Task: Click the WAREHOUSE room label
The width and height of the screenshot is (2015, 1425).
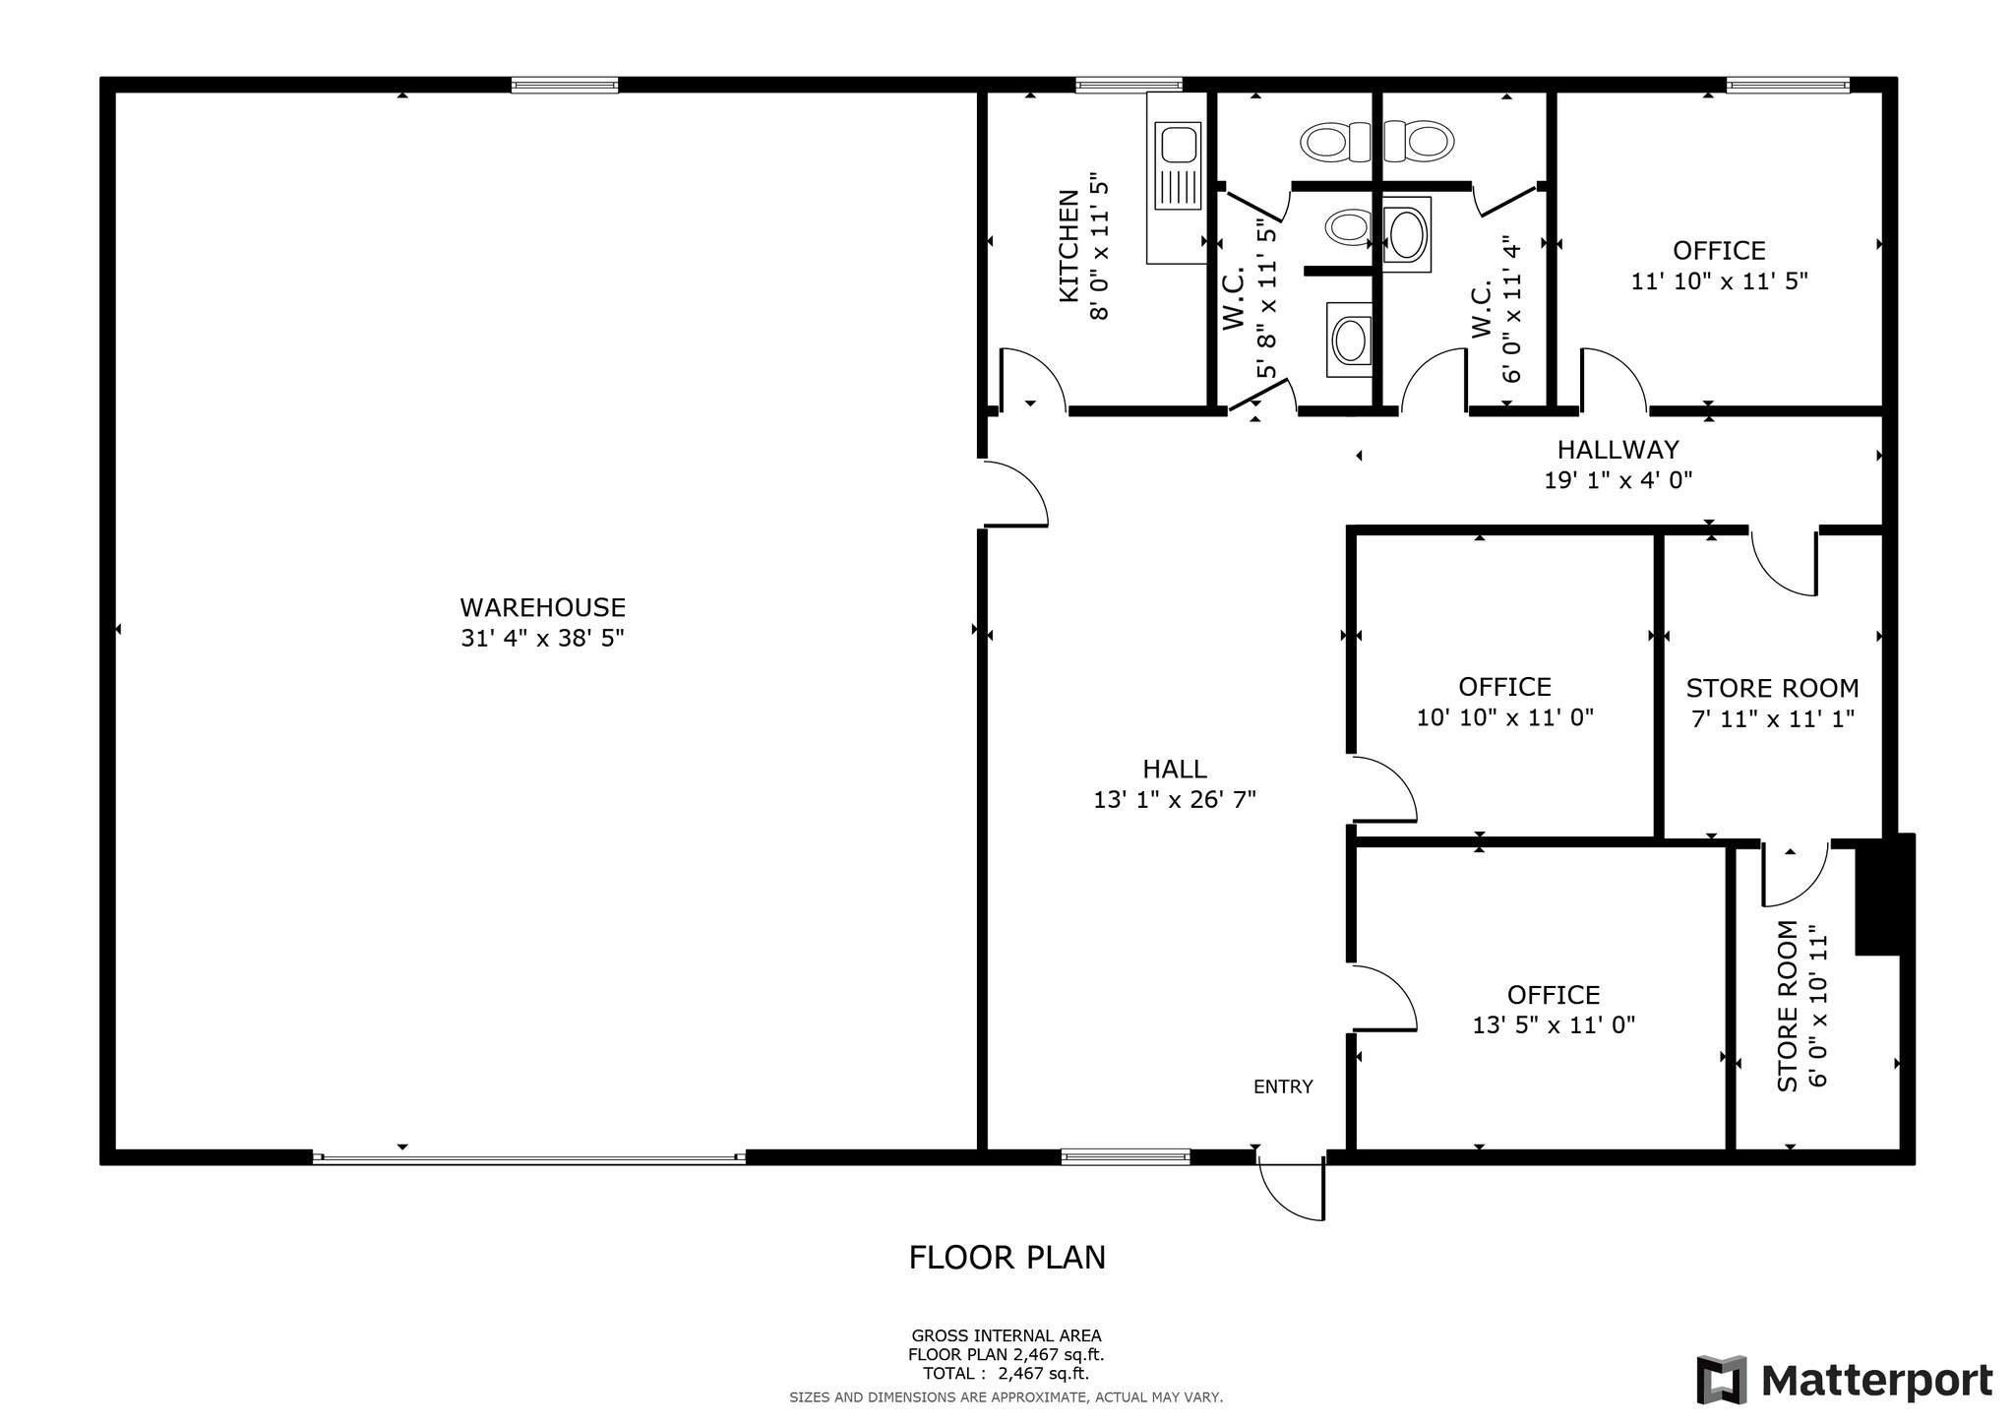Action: [542, 608]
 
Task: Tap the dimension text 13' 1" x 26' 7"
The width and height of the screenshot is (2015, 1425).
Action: [1174, 800]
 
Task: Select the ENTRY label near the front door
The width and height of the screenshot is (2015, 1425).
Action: [1282, 1087]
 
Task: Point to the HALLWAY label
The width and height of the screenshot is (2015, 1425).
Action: [1618, 450]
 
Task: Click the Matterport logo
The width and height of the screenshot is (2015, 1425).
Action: [1844, 1381]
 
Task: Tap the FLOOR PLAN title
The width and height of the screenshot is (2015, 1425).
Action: [1007, 1258]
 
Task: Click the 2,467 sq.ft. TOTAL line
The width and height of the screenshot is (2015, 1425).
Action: [1006, 1374]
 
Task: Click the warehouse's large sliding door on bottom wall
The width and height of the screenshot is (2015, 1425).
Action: [529, 1158]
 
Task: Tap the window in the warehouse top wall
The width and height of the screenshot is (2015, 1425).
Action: [565, 86]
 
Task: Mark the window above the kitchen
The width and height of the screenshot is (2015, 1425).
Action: [1129, 86]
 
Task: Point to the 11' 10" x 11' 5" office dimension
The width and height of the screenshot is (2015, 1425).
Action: [1719, 281]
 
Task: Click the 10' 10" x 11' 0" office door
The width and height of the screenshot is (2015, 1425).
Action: [1383, 789]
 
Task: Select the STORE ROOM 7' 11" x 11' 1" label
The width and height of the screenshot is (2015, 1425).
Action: [1772, 688]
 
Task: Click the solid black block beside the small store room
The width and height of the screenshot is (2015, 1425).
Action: [1884, 895]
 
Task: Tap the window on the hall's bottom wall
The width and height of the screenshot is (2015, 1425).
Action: [1125, 1157]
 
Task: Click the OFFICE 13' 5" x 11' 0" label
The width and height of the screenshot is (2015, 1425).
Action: [1554, 995]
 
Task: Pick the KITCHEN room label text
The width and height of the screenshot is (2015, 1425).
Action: [1069, 246]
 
